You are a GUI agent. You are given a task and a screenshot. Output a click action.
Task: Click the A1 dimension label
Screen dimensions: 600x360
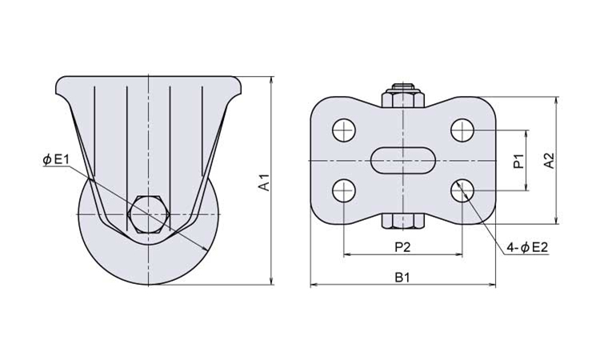coord(265,182)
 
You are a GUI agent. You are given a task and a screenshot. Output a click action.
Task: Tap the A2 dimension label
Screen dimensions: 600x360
coord(549,161)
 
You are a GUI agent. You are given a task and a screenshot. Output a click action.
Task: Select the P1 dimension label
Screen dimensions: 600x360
coord(518,162)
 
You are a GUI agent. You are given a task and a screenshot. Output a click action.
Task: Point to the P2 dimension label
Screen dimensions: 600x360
coord(402,247)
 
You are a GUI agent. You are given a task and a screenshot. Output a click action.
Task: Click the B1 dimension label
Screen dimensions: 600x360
coord(402,278)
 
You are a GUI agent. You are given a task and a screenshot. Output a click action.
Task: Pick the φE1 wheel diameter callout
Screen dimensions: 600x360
coord(56,159)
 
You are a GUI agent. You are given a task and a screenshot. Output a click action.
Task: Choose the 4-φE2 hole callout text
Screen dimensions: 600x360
coord(527,248)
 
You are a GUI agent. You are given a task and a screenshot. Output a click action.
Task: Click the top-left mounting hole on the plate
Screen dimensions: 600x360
coord(344,130)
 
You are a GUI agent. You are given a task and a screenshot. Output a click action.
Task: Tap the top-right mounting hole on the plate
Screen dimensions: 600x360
coord(462,130)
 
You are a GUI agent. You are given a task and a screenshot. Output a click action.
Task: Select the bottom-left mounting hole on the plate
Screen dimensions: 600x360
coord(344,190)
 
